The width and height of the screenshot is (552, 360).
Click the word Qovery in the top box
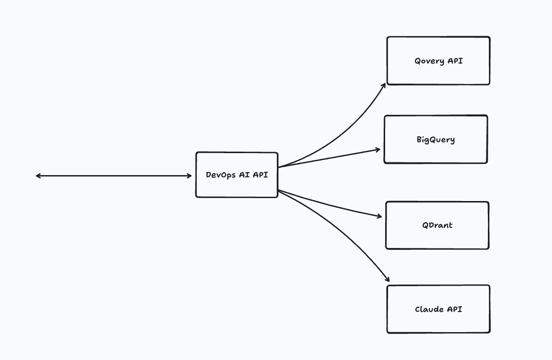[429, 61]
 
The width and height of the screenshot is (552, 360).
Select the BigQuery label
[436, 140]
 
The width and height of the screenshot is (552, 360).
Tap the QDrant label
[437, 225]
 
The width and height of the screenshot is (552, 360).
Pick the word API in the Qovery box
[455, 61]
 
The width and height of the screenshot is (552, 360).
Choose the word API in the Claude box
[454, 309]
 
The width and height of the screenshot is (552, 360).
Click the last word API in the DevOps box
[260, 175]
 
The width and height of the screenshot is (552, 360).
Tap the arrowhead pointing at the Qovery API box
[384, 85]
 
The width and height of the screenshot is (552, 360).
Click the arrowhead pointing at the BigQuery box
[379, 149]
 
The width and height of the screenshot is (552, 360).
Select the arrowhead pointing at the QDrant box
[380, 216]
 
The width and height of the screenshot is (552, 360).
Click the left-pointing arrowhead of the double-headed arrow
[38, 176]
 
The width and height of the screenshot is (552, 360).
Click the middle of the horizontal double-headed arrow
[114, 176]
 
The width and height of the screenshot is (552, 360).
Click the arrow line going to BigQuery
[328, 157]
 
